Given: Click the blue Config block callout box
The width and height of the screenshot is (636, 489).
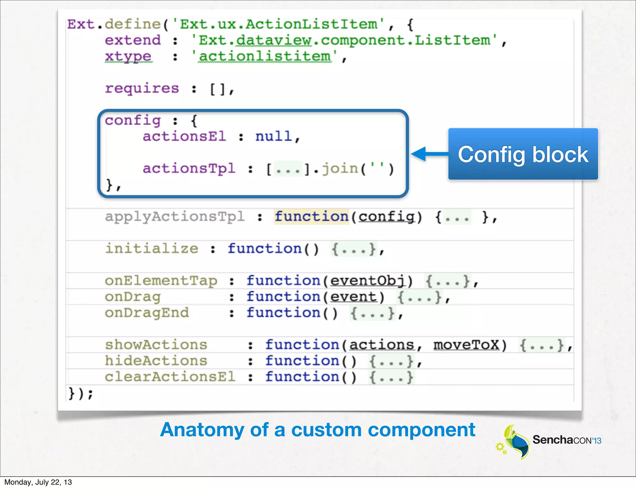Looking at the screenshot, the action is point(523,154).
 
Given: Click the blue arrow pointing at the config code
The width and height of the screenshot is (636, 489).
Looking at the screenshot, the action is point(430,154).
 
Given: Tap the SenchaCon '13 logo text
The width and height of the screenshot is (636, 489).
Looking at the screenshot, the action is point(566,440).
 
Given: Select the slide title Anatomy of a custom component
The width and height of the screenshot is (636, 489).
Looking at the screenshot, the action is point(317,430).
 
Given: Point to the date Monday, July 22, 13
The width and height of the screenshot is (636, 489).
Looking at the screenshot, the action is point(38,482).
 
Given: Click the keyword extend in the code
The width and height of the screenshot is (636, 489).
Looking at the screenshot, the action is point(133,40).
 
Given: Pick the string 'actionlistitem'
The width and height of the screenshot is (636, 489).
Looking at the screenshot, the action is point(265,56).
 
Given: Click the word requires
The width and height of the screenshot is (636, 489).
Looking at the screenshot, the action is point(142,88).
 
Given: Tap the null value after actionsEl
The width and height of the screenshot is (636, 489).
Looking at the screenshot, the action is point(274,137).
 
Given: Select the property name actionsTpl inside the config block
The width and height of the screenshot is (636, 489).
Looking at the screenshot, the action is point(189,168).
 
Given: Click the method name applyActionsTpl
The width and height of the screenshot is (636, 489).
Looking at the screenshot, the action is point(175,217).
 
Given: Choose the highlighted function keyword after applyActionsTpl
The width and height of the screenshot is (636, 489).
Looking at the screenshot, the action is point(311,217).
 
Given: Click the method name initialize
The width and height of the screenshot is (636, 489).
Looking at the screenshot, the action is point(152,249).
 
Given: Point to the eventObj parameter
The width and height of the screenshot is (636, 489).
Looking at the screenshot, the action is point(368,281).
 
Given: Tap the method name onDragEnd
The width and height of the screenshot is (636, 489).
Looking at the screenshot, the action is point(147,313).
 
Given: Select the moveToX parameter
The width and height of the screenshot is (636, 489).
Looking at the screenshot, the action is point(466,345).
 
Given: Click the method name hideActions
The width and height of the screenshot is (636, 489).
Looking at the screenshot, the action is point(156,361).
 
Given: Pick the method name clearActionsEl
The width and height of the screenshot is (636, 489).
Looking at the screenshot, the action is point(170,377).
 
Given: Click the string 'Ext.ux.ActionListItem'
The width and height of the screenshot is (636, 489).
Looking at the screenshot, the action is point(279,24).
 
